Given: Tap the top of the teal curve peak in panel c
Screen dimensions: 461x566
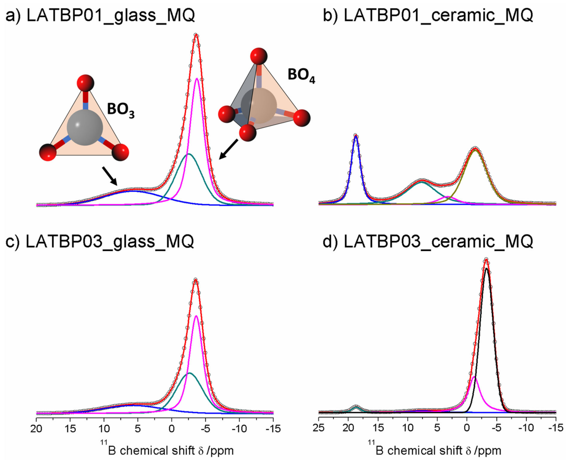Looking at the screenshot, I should coord(189,373).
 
